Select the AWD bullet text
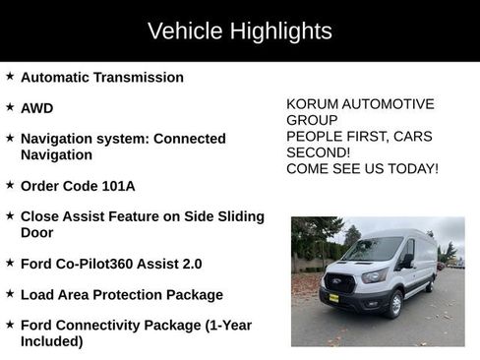pyautogui.click(x=37, y=108)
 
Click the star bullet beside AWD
pyautogui.click(x=10, y=106)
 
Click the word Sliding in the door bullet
pyautogui.click(x=237, y=216)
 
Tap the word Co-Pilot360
pyautogui.click(x=100, y=264)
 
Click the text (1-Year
pyautogui.click(x=227, y=325)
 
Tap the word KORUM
pyautogui.click(x=313, y=104)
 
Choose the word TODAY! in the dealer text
pyautogui.click(x=413, y=169)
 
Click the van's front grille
pyautogui.click(x=339, y=283)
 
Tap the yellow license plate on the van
pyautogui.click(x=333, y=298)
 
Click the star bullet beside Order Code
pyautogui.click(x=10, y=183)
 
